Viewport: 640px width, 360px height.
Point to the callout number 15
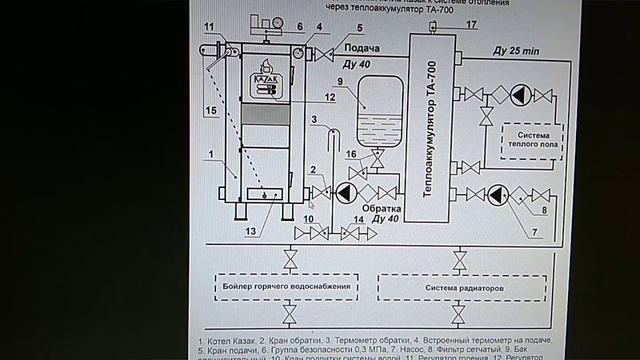(212, 107)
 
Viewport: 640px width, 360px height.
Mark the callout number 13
(248, 232)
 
